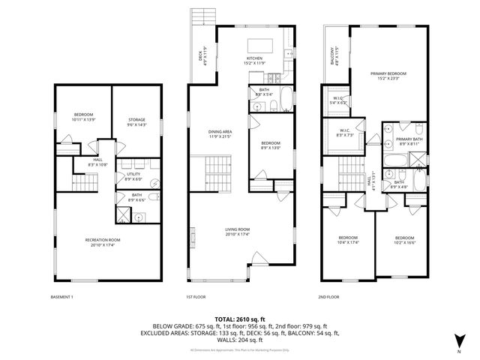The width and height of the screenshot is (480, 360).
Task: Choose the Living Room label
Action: [x=237, y=230]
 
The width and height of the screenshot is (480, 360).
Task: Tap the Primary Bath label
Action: [x=409, y=139]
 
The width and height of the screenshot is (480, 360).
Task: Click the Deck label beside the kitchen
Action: [x=202, y=56]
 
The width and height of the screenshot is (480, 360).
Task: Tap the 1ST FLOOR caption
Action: [x=196, y=296]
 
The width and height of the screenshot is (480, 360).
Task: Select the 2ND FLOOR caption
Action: [x=328, y=296]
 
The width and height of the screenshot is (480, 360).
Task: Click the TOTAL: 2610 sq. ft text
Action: [x=240, y=319]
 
